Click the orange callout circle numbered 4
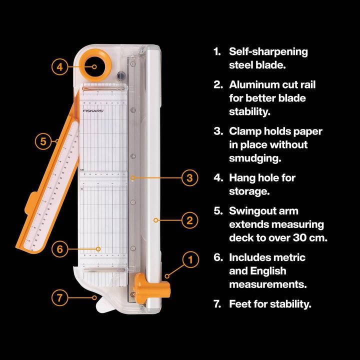coord(59,67)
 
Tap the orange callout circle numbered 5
coord(43,141)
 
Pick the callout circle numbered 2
coord(189,219)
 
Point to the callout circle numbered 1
coord(189,259)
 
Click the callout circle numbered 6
coord(59,248)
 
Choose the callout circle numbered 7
coord(59,297)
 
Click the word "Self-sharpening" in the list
coord(268,51)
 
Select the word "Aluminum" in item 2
coord(252,84)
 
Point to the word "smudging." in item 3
coord(255,158)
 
